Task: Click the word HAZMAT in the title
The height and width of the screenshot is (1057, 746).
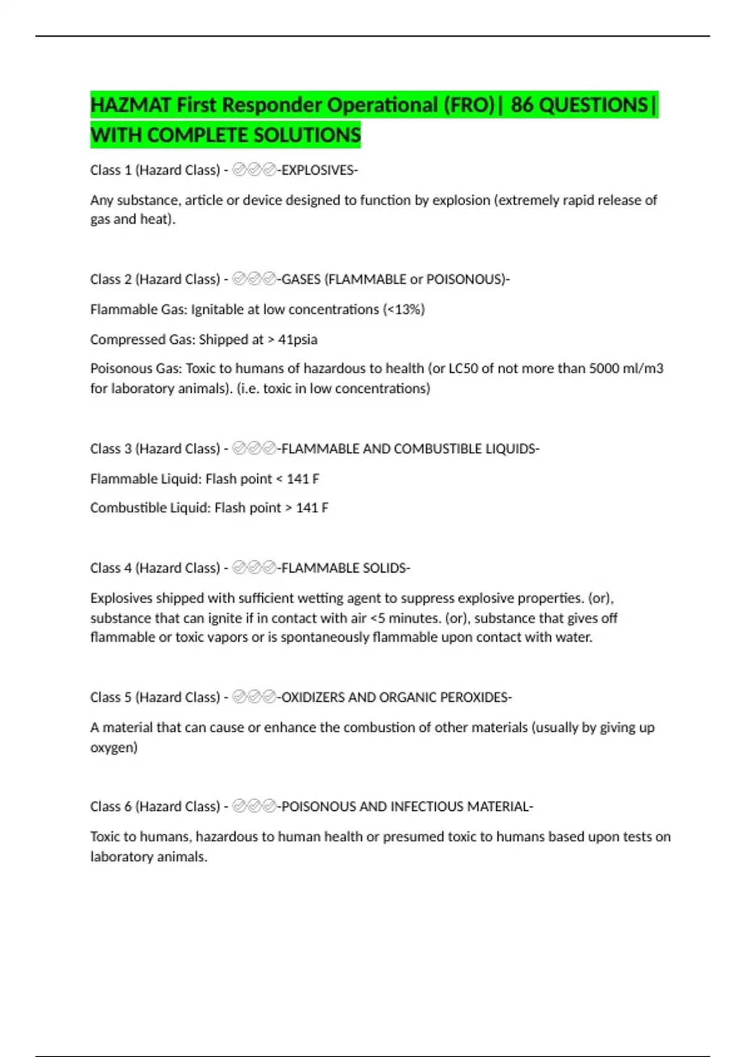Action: [131, 105]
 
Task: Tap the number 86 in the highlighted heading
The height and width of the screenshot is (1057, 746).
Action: [522, 105]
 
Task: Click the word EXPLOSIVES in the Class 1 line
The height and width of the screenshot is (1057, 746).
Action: [318, 170]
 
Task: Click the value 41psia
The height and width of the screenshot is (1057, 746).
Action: [297, 339]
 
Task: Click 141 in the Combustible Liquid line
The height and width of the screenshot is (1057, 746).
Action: [307, 508]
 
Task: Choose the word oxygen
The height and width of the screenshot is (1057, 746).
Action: [114, 747]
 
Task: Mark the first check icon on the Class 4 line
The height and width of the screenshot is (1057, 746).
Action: [239, 568]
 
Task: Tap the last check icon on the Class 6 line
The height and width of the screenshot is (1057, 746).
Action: [269, 806]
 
